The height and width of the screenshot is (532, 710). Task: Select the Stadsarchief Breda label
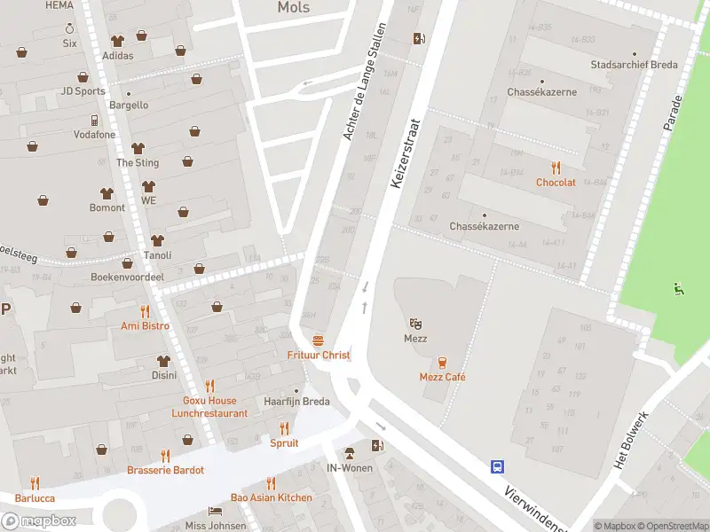[635, 65]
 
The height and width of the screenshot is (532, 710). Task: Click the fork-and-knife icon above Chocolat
[556, 167]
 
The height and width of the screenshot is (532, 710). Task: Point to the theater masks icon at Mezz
[414, 324]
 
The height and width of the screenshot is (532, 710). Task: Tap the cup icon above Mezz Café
[442, 362]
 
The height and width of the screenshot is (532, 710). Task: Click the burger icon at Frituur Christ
[318, 340]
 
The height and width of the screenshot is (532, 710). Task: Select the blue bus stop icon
[498, 466]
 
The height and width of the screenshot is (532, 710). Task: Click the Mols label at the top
[294, 8]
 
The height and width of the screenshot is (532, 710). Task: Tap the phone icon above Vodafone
[94, 120]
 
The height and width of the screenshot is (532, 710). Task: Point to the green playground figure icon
[679, 288]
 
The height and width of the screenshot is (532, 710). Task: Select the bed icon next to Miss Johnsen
[215, 512]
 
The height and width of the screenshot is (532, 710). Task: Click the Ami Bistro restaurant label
[145, 325]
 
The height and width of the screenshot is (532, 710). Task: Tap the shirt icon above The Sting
[138, 148]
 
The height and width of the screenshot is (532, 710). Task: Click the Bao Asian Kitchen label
[271, 497]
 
